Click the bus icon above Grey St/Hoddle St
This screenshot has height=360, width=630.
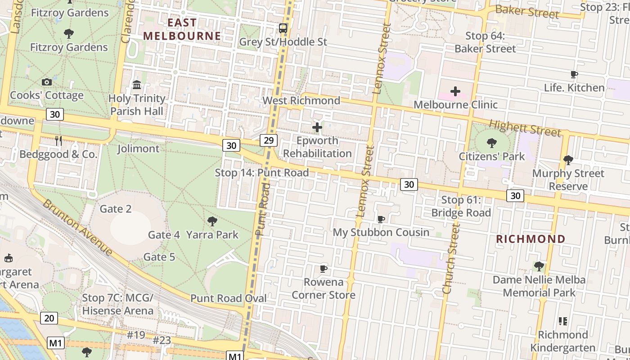(x=283, y=28)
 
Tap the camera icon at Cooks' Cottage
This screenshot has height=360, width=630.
(x=46, y=82)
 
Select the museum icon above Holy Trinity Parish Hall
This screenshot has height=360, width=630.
(x=137, y=85)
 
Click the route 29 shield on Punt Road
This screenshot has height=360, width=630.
(x=269, y=141)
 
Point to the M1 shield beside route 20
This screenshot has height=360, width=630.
(x=55, y=343)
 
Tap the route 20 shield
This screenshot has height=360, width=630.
(x=49, y=318)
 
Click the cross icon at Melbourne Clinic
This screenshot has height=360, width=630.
(x=455, y=92)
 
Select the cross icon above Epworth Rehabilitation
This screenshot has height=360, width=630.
(x=317, y=127)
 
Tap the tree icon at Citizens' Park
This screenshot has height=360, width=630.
(x=491, y=144)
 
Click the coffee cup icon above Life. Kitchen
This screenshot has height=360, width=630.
(x=574, y=75)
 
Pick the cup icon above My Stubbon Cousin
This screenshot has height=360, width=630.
(x=381, y=219)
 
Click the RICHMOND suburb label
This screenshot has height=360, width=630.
(x=531, y=239)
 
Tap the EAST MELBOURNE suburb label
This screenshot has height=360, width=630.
(x=182, y=29)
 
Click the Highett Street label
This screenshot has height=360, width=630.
(x=525, y=128)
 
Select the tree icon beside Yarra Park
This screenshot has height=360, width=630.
(x=212, y=221)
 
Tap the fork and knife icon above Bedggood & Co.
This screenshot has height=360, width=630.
(x=58, y=141)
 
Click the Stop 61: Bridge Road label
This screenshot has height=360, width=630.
(x=461, y=207)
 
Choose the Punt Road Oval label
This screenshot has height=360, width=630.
(x=228, y=298)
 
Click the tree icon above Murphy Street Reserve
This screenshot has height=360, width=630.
(x=568, y=160)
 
